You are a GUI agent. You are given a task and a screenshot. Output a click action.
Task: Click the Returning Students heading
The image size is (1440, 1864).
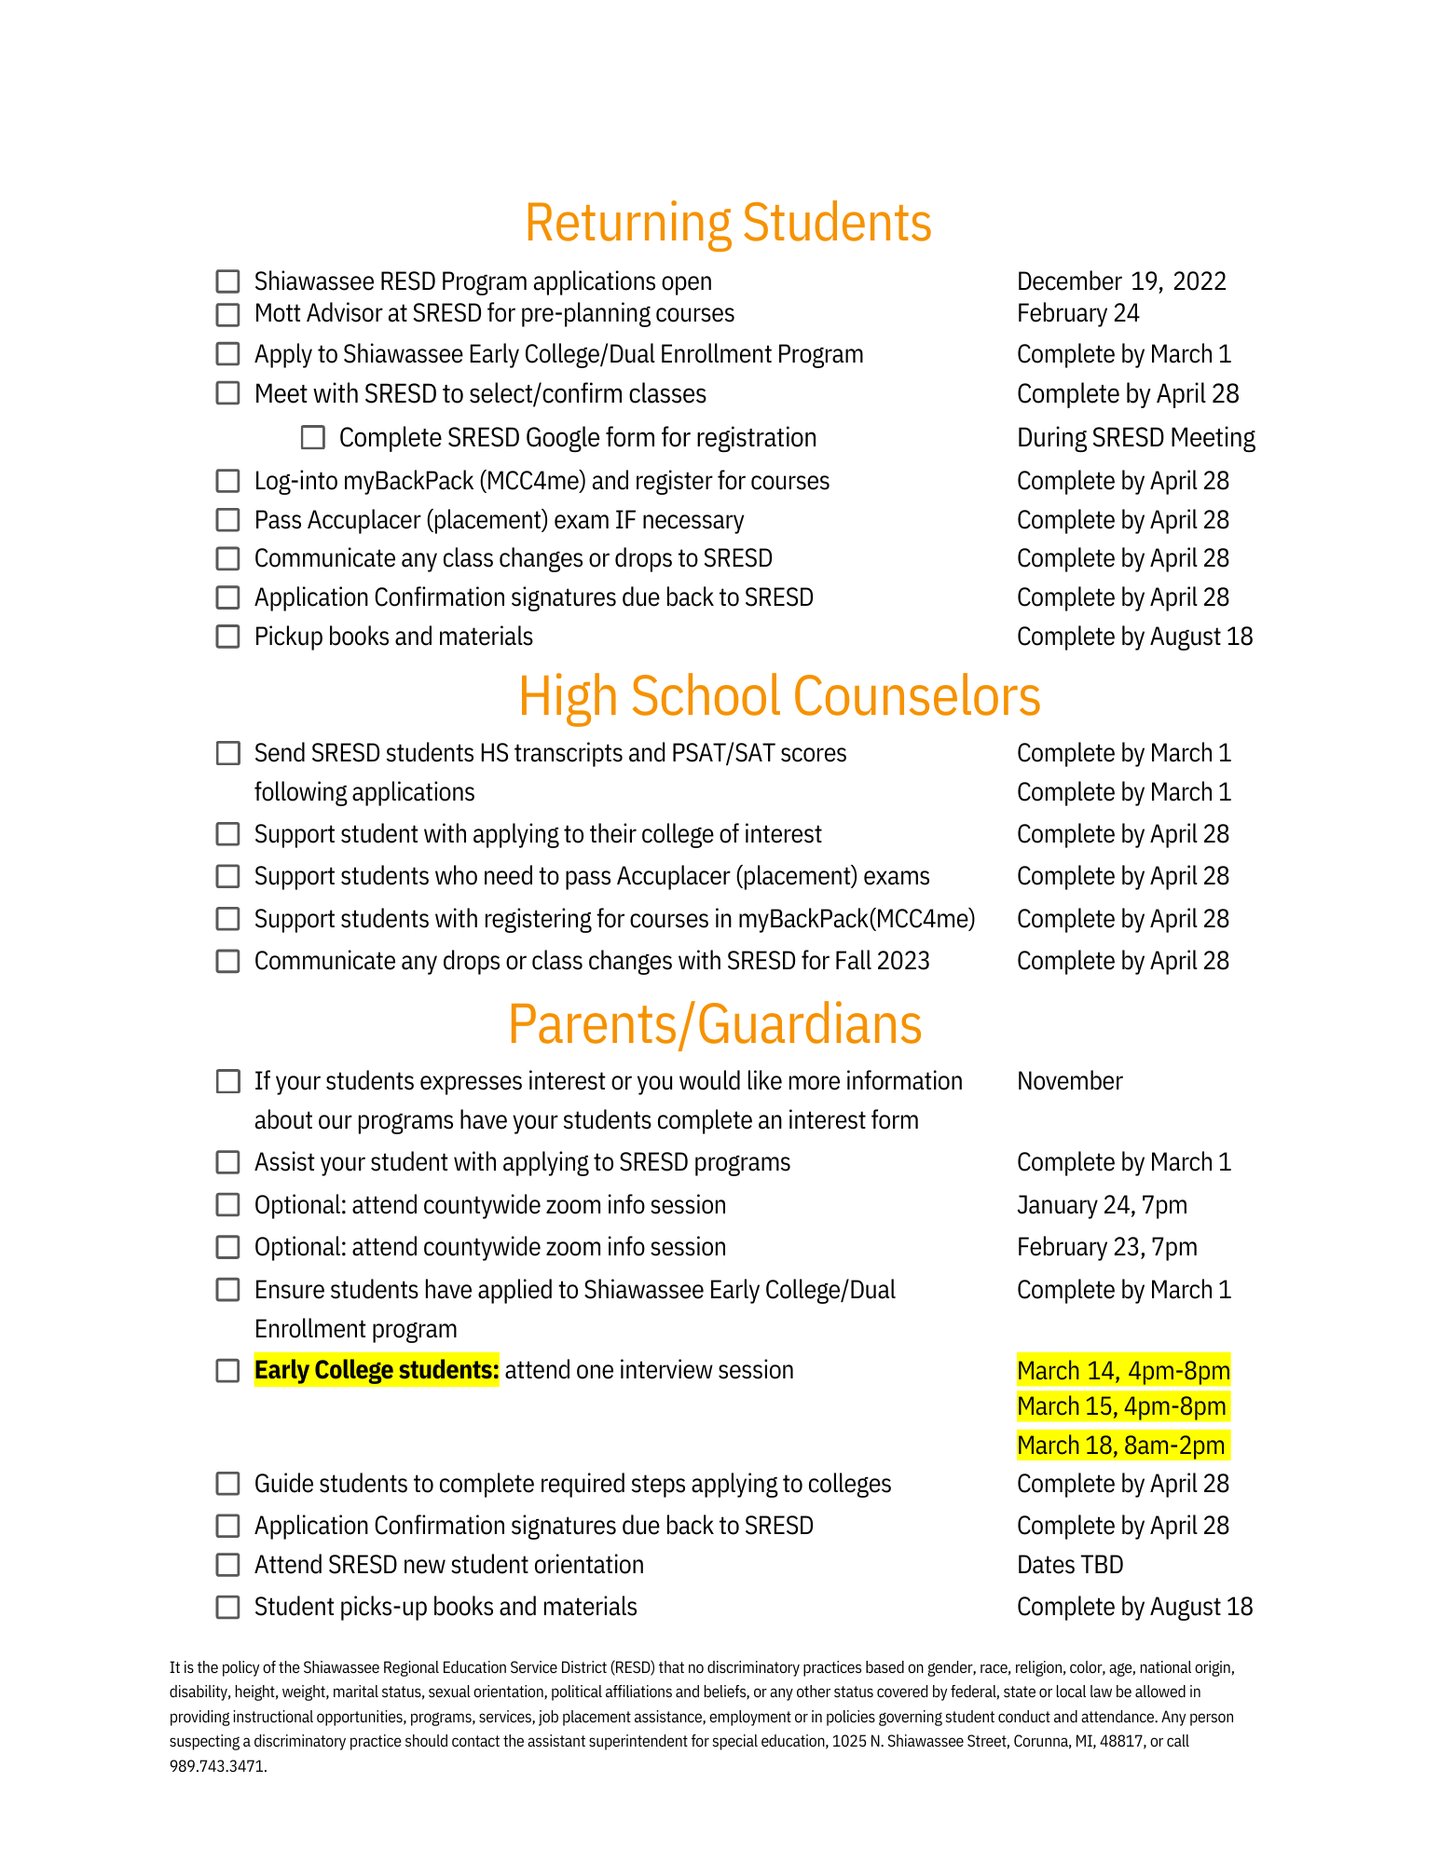[728, 223]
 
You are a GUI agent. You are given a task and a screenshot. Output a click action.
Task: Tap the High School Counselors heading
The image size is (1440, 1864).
[779, 696]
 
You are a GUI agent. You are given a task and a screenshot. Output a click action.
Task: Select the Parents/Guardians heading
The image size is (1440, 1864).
[715, 1024]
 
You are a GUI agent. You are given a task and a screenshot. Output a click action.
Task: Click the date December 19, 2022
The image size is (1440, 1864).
[1121, 281]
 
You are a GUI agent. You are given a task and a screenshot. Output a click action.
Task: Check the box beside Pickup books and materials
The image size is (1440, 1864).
[227, 637]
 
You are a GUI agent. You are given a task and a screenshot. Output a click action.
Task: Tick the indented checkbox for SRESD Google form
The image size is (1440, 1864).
[313, 437]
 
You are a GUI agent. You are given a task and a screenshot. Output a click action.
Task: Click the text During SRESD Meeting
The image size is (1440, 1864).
[1135, 437]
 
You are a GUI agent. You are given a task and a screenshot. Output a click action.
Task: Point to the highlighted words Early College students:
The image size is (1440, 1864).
[377, 1370]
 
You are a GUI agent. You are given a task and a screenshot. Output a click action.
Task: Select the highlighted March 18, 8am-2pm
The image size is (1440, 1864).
[1120, 1446]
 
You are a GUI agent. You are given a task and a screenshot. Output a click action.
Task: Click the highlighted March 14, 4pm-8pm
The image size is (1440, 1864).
[1123, 1371]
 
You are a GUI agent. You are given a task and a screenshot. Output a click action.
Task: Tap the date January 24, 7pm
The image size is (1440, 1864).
[1102, 1205]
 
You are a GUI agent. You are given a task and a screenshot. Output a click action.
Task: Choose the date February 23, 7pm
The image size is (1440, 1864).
[1106, 1247]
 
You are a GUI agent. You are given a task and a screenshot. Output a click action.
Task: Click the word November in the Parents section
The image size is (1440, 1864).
[1069, 1081]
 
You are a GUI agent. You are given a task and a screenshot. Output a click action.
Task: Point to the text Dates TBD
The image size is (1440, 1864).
[1070, 1565]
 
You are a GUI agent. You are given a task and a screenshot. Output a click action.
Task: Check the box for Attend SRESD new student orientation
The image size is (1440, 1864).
[227, 1565]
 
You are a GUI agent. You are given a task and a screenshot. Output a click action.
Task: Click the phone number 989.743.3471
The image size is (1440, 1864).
[217, 1766]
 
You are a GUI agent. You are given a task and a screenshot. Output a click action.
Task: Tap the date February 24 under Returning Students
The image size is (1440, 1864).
[1077, 313]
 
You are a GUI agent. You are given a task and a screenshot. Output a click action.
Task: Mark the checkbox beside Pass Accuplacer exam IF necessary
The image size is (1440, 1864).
[227, 520]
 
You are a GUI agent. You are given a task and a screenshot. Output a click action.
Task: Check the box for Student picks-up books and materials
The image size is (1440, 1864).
[227, 1607]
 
